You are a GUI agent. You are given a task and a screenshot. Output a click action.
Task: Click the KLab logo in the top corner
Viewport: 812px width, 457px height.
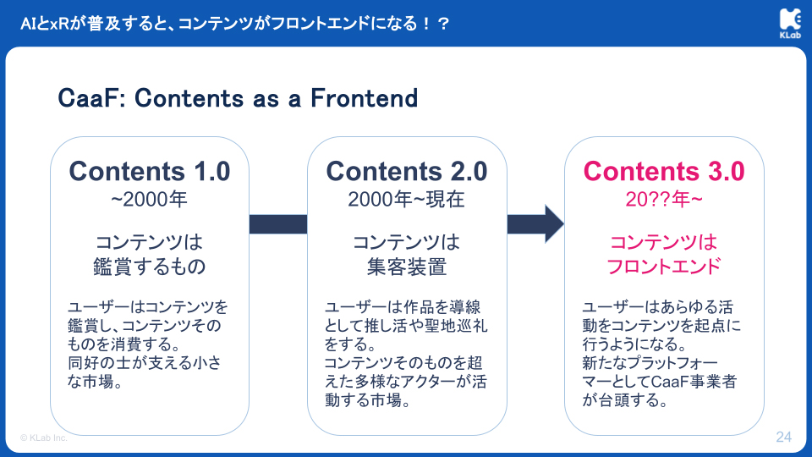click(x=790, y=24)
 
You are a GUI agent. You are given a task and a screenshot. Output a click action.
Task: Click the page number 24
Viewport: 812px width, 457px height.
click(x=783, y=437)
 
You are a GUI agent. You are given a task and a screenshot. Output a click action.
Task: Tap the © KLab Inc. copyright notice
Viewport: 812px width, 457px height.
click(x=43, y=438)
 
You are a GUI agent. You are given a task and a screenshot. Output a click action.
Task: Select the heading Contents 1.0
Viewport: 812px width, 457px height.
click(x=150, y=171)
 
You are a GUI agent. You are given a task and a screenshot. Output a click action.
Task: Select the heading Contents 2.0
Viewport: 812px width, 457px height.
click(x=407, y=171)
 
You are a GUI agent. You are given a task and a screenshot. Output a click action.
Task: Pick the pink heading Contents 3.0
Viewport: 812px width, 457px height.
click(x=664, y=171)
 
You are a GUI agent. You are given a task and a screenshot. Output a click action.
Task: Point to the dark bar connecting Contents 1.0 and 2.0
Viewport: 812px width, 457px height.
click(x=278, y=223)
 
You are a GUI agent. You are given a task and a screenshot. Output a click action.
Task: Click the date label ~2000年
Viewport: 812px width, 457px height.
click(x=149, y=200)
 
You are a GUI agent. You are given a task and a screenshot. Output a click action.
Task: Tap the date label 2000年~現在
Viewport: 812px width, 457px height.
click(x=407, y=200)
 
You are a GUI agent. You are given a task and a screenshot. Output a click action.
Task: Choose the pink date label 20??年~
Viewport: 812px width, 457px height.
click(x=664, y=200)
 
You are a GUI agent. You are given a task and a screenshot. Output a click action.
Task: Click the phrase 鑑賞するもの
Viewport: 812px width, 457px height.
click(x=150, y=267)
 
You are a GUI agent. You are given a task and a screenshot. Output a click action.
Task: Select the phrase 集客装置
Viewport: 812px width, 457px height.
click(x=407, y=267)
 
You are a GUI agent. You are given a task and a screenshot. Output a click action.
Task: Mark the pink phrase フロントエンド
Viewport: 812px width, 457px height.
click(x=664, y=267)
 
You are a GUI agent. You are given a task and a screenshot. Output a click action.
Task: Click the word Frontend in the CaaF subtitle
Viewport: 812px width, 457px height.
click(x=364, y=98)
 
